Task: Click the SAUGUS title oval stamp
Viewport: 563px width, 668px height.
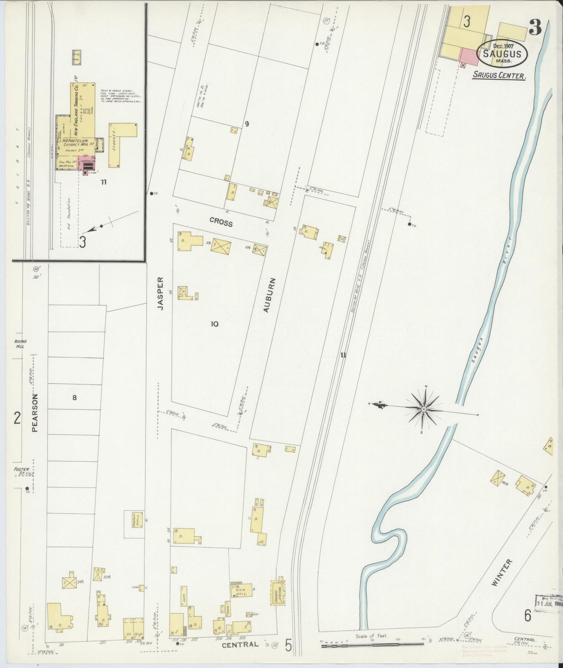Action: pos(502,54)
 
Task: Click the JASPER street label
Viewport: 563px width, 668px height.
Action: pos(160,293)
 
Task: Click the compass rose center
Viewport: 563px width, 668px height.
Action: pos(424,408)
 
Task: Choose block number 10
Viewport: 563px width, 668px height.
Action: pos(214,324)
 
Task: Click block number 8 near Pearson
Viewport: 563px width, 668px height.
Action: pos(74,398)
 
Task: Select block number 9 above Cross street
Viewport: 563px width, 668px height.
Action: pos(247,124)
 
